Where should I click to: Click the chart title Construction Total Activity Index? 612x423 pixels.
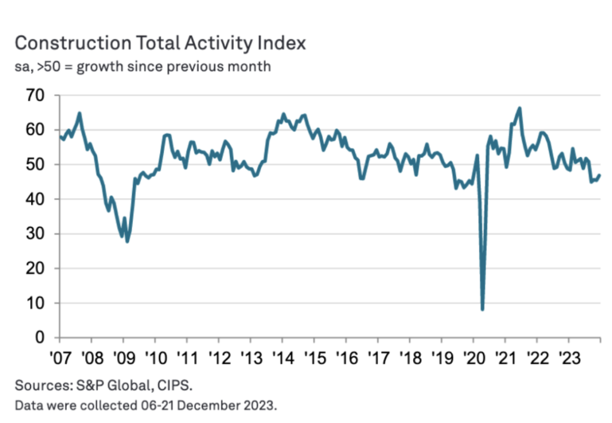tap(160, 43)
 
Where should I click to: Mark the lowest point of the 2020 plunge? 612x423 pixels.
tap(482, 309)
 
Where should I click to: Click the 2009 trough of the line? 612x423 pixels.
tap(127, 241)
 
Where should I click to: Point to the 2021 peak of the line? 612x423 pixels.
tap(520, 108)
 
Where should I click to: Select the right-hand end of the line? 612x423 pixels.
tap(599, 175)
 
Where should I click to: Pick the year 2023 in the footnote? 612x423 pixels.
tap(261, 406)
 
